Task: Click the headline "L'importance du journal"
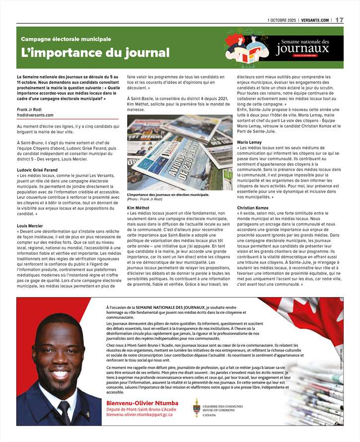coord(95,53)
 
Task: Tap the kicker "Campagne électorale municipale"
coord(66,39)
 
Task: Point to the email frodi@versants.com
coord(35,115)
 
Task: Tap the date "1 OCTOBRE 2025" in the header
coord(281,20)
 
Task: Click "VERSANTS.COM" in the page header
coord(315,20)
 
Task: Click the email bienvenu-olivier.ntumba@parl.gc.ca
coord(140,414)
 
